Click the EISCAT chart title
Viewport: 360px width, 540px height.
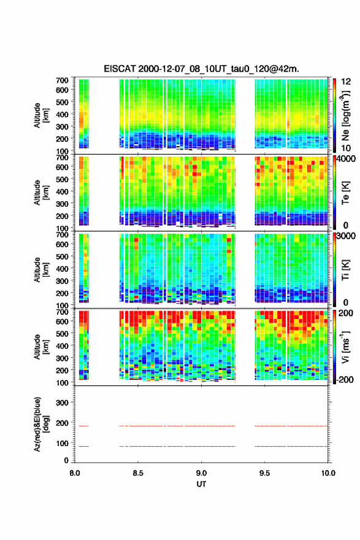[x=201, y=69]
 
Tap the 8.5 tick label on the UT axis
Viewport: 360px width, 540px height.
[x=138, y=473]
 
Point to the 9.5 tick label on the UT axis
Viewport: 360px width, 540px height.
[x=264, y=473]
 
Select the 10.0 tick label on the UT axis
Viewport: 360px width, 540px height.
[x=328, y=473]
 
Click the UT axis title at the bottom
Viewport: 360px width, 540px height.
[x=201, y=484]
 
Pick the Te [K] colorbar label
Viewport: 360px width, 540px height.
[x=345, y=193]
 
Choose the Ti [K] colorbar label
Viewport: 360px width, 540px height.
[x=345, y=270]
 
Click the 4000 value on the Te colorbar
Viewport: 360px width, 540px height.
[x=346, y=160]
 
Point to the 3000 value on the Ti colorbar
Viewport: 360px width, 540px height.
[x=346, y=236]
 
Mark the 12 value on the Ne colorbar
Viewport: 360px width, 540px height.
[x=346, y=82]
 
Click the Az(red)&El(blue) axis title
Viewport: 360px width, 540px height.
[x=42, y=424]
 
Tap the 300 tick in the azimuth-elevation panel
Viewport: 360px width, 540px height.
[x=62, y=403]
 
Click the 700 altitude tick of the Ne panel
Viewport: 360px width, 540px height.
[x=62, y=80]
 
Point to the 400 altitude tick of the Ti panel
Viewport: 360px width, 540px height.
[x=62, y=269]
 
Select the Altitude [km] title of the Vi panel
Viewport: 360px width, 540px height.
[x=42, y=347]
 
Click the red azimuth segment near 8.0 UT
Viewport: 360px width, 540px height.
[x=84, y=426]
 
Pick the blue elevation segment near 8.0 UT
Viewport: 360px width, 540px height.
[x=84, y=446]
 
